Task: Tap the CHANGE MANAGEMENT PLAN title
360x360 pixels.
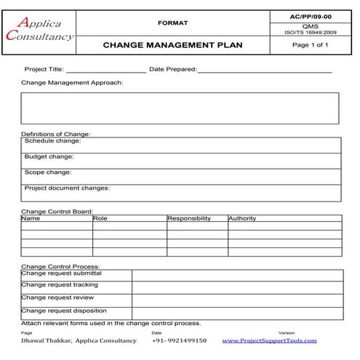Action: coord(172,45)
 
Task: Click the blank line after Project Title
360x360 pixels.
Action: coord(105,71)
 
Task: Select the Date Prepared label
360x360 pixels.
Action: coord(172,69)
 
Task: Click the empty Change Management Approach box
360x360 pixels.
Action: coord(180,108)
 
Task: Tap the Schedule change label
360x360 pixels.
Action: coord(52,141)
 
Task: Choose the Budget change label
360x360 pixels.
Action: coord(49,157)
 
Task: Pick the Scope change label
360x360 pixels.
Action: coord(48,172)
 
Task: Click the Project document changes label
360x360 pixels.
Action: coord(67,188)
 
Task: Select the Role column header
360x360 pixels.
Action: coord(100,218)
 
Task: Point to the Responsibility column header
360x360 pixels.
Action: coord(189,218)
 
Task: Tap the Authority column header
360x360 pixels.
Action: coord(242,218)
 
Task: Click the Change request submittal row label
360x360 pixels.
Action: coord(61,273)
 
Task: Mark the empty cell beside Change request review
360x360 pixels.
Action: coord(236,300)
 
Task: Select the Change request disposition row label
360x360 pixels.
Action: coord(64,311)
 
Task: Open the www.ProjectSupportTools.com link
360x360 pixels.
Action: coord(269,340)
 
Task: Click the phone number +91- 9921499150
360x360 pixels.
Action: coord(180,340)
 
